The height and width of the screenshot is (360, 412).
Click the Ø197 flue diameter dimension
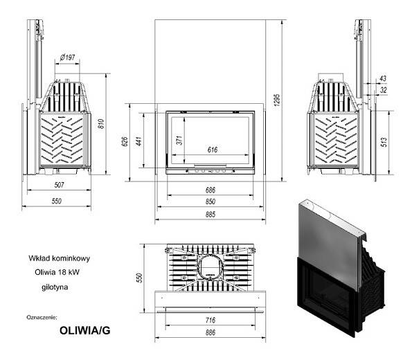(67, 57)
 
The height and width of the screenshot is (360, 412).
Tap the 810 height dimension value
(101, 124)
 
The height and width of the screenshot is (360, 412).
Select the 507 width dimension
(59, 185)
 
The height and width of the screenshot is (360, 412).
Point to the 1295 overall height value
(277, 100)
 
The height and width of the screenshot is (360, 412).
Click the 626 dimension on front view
(125, 142)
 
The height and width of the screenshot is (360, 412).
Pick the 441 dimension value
(139, 141)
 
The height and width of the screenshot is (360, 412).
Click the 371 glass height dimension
(179, 141)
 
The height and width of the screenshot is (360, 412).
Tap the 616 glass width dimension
(213, 150)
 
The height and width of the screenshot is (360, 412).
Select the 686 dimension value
(211, 190)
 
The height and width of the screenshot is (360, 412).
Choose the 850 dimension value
(211, 201)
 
